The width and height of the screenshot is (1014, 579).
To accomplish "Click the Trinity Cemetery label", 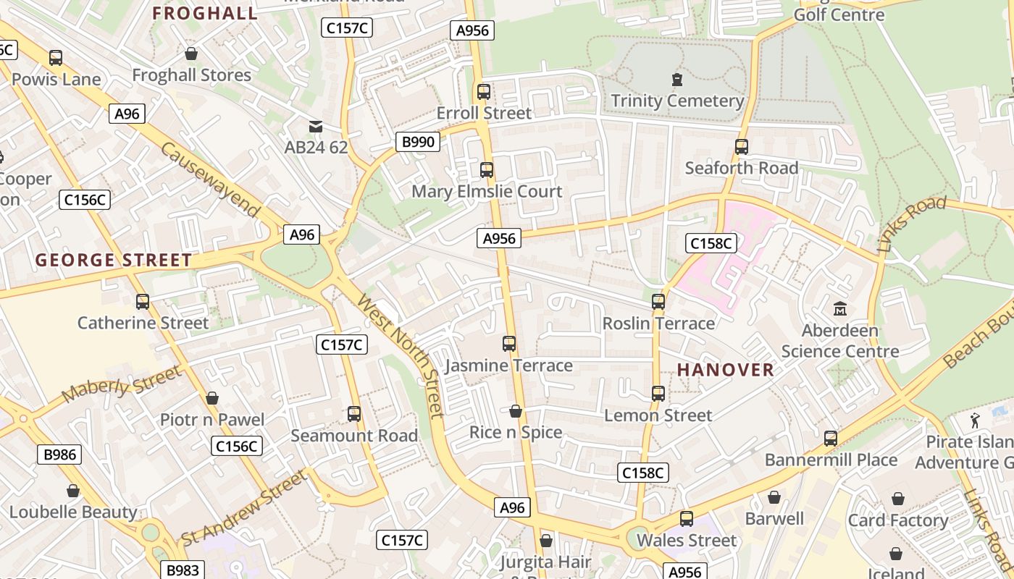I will (677, 101).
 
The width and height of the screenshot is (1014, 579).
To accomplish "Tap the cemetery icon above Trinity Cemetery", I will (677, 79).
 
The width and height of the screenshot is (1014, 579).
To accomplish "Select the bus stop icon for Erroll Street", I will (484, 92).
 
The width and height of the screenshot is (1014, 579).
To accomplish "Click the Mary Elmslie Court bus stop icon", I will (487, 170).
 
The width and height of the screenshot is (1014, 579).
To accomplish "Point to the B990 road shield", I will (418, 142).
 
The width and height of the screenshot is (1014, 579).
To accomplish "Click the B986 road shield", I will (59, 455).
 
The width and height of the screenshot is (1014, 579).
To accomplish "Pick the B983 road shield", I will (183, 570).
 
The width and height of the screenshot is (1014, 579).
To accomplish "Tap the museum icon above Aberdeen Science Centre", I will (840, 309).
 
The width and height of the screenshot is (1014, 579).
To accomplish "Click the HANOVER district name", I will (726, 370).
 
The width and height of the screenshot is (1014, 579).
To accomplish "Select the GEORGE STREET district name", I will (114, 261).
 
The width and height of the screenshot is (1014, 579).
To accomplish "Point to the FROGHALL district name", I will (205, 13).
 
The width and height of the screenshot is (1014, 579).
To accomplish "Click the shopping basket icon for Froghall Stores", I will (191, 54).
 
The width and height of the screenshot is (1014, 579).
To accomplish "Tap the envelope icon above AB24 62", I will (316, 127).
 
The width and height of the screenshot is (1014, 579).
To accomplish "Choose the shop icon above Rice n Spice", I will (516, 411).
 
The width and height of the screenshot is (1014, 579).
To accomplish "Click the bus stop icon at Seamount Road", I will (354, 414).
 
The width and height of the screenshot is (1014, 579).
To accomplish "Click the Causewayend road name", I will (210, 179).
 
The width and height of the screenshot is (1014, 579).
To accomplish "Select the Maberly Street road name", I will (122, 384).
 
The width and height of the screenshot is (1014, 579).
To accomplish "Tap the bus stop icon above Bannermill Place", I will (831, 439).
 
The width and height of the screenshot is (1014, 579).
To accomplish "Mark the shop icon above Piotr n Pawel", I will (212, 398).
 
